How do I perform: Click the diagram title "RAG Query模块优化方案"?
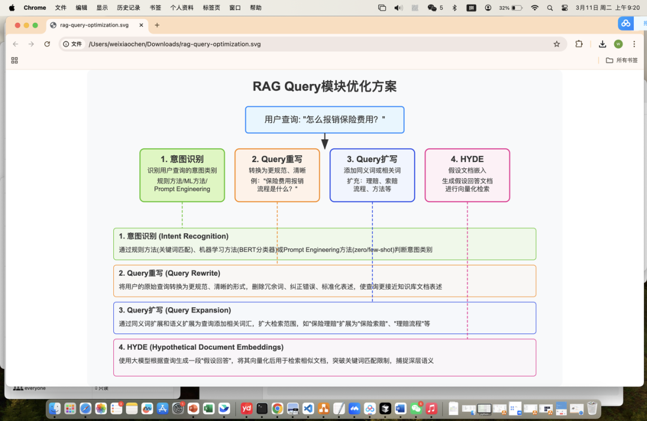(x=324, y=86)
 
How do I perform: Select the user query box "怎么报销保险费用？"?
(x=324, y=119)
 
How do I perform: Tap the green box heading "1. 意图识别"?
(x=182, y=159)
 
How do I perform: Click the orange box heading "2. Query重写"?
(x=277, y=159)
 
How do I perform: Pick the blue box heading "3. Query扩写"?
(x=372, y=159)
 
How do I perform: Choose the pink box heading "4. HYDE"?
(x=467, y=159)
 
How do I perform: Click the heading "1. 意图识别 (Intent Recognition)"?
(x=173, y=236)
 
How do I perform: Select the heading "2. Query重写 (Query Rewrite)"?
(x=170, y=273)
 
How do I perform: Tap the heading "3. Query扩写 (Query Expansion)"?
(x=174, y=310)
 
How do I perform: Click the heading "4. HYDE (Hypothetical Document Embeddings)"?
(x=201, y=347)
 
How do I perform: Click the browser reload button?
(x=47, y=44)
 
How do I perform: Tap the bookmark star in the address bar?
(x=557, y=44)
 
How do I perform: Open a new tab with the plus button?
(x=157, y=25)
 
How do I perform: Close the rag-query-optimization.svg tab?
(x=141, y=25)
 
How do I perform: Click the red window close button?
(x=17, y=25)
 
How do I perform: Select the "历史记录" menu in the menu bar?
(x=128, y=8)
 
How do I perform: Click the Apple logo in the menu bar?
(x=11, y=8)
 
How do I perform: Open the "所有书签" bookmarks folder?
(x=621, y=60)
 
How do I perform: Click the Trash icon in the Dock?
(x=592, y=409)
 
